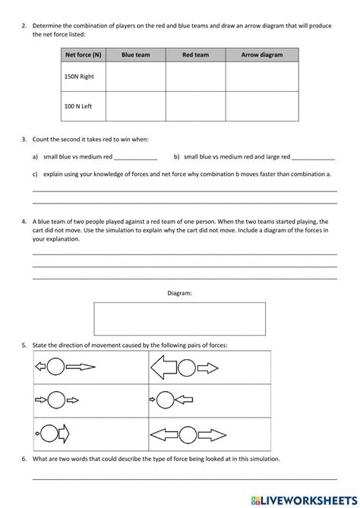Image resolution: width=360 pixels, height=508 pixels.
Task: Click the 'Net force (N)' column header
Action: (84, 55)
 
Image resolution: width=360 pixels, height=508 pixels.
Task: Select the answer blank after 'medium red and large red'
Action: (313, 158)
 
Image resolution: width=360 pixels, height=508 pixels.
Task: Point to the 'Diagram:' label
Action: (179, 292)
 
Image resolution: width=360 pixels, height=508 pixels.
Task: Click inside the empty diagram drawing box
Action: (179, 319)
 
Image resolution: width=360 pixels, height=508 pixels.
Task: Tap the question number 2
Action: (24, 26)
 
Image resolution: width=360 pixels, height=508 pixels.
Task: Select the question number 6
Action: (24, 459)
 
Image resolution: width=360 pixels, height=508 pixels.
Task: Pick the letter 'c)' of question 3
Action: (35, 174)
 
